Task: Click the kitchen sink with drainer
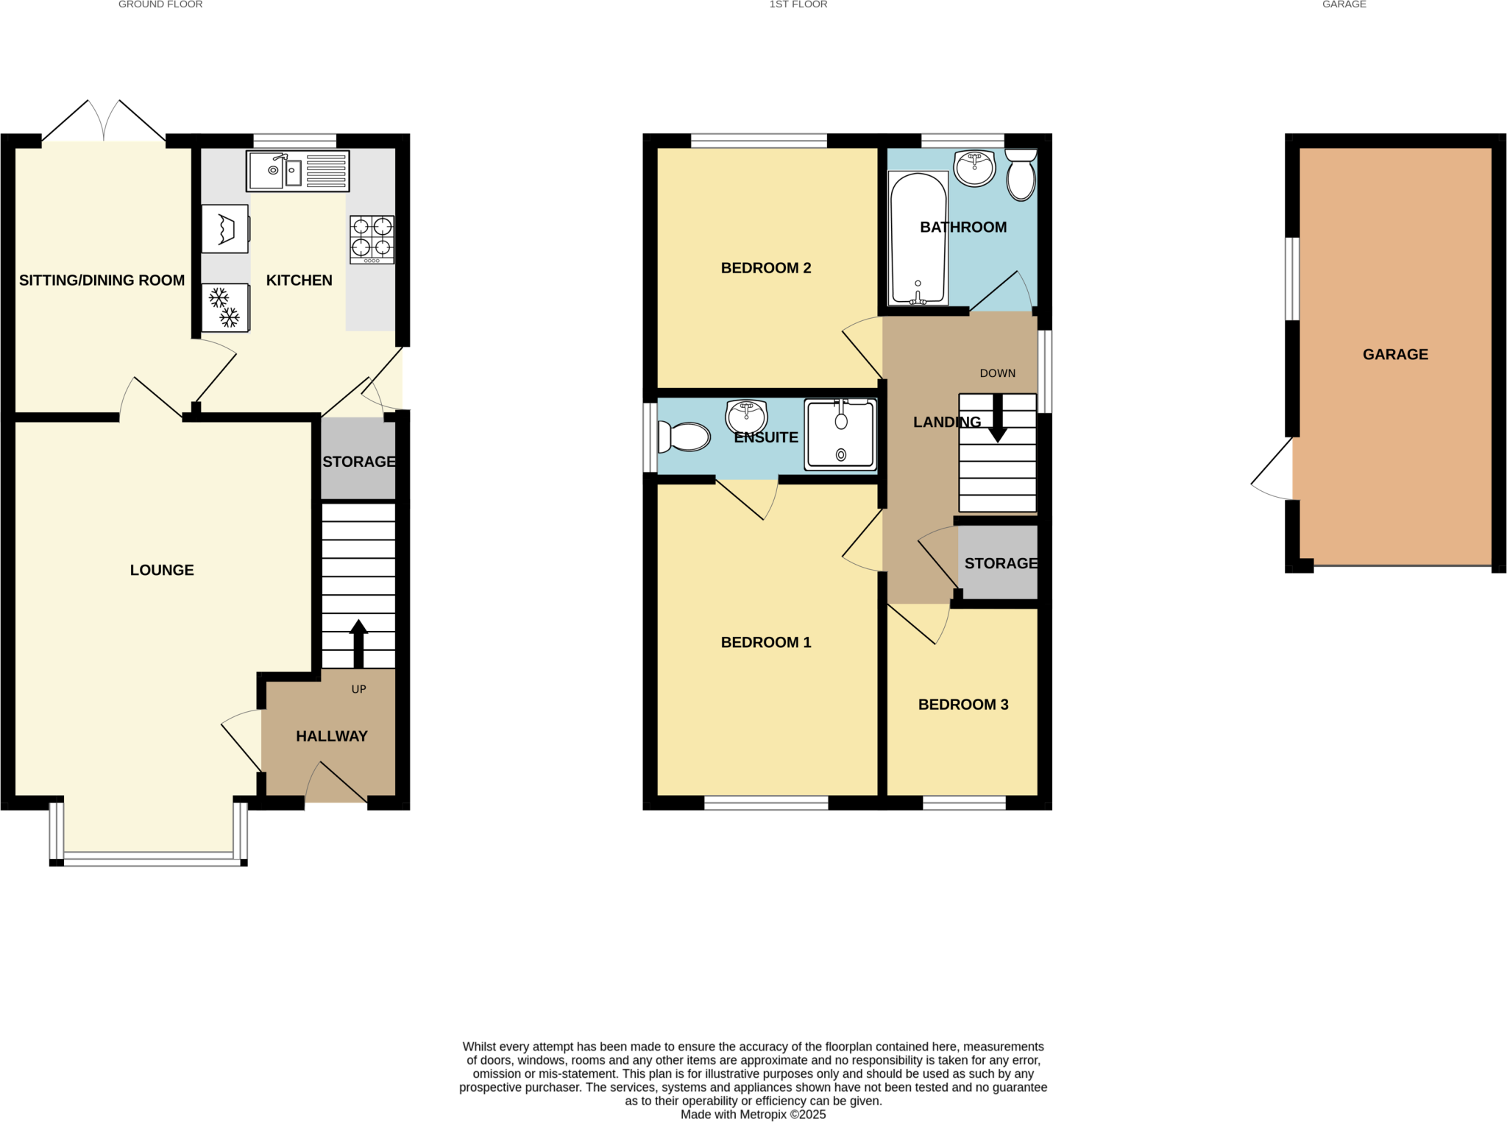click(297, 171)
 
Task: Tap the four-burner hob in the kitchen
click(372, 239)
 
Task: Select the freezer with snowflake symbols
click(225, 308)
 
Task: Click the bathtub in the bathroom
click(918, 239)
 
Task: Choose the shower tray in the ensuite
click(840, 434)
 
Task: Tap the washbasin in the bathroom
click(974, 168)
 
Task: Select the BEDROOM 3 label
click(962, 705)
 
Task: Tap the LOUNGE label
click(162, 570)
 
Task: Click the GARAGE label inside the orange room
click(1395, 354)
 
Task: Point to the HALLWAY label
click(331, 736)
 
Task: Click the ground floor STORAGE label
click(358, 462)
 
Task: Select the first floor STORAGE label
click(1000, 563)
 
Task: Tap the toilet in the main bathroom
click(1021, 175)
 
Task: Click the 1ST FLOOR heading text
click(798, 4)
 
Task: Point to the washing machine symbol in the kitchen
click(225, 229)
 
